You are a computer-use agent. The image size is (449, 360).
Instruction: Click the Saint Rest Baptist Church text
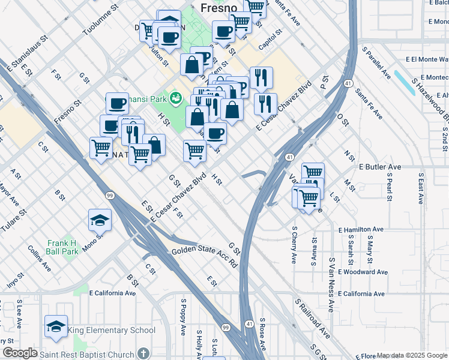click(x=86, y=354)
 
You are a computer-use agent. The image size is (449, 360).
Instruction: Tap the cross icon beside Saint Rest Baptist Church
click(x=143, y=353)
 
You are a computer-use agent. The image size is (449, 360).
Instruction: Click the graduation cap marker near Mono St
click(x=100, y=220)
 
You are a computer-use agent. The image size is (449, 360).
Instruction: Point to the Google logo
click(x=20, y=353)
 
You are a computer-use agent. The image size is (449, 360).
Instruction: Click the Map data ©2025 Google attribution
click(x=412, y=355)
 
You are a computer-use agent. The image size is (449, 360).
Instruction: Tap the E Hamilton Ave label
click(x=361, y=230)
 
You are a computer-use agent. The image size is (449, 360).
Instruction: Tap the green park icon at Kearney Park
click(x=176, y=97)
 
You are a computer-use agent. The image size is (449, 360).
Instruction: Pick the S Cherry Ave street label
click(x=294, y=245)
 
